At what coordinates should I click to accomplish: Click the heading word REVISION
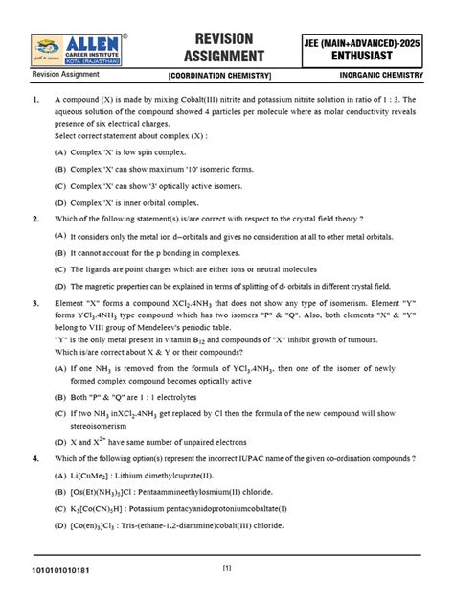[x=222, y=36]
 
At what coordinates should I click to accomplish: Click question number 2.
[x=34, y=219]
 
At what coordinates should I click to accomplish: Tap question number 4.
[x=34, y=458]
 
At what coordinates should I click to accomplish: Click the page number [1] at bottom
[x=227, y=568]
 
